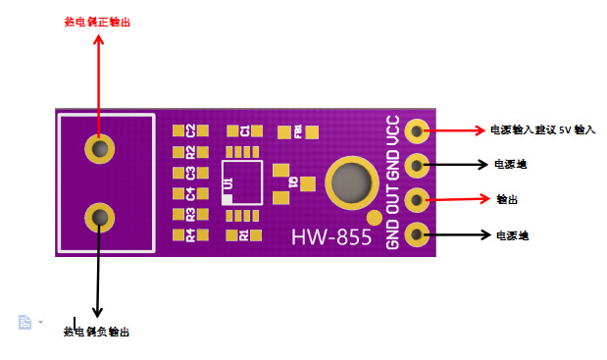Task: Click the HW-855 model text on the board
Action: click(x=331, y=237)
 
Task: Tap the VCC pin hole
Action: click(x=418, y=130)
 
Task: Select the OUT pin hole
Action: click(x=418, y=200)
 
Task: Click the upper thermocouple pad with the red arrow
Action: click(x=99, y=148)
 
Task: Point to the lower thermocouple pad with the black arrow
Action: click(x=99, y=216)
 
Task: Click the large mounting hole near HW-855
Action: click(x=350, y=183)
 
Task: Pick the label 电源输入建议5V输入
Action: click(x=542, y=129)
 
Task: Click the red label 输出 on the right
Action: click(x=507, y=199)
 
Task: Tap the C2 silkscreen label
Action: click(x=192, y=130)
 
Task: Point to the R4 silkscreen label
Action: click(x=192, y=234)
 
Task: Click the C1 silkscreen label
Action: click(x=245, y=129)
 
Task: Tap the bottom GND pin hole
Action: click(x=418, y=234)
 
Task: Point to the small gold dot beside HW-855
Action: click(x=373, y=217)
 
